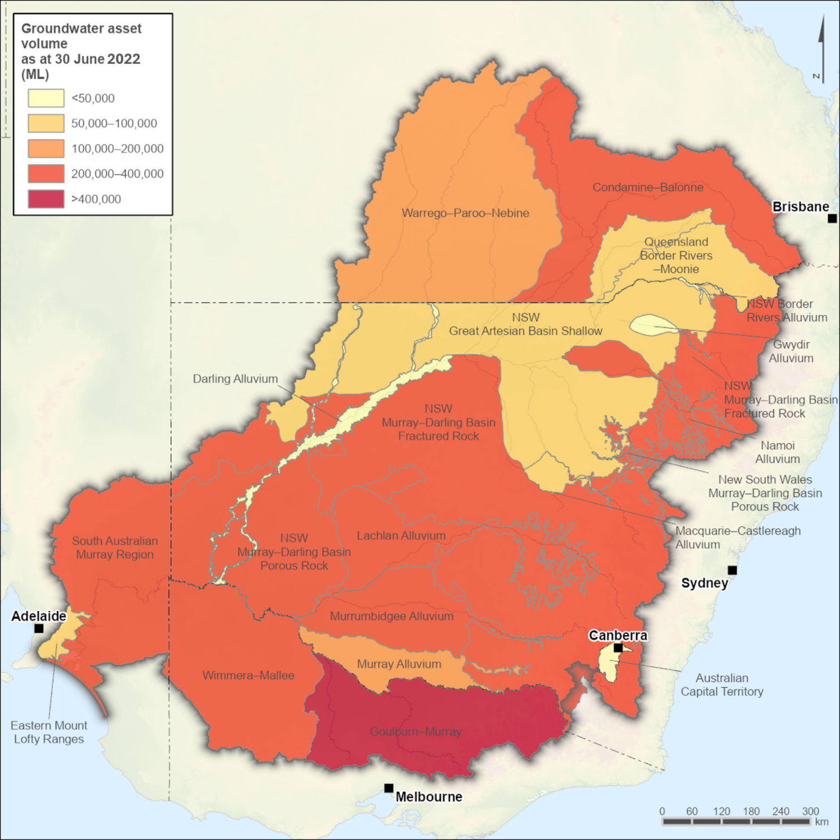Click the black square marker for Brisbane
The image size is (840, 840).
click(832, 218)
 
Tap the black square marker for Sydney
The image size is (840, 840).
click(732, 570)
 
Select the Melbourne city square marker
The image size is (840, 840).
click(389, 788)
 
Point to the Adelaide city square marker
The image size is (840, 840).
click(39, 628)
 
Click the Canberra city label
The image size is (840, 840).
click(618, 636)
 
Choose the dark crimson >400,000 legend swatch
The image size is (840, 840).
click(46, 199)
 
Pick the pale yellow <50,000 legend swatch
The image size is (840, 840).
click(46, 98)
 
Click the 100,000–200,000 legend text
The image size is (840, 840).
click(117, 148)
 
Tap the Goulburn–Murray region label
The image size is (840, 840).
click(416, 731)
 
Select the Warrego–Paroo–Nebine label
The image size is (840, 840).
click(465, 213)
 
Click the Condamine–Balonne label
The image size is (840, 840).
click(648, 187)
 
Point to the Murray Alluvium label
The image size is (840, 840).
click(399, 664)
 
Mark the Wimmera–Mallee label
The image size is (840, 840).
click(248, 675)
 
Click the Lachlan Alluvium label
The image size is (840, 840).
click(401, 535)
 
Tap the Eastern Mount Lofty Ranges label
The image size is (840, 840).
click(49, 732)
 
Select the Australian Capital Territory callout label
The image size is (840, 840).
click(722, 684)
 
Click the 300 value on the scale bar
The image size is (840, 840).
click(810, 811)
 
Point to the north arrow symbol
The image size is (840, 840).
click(820, 50)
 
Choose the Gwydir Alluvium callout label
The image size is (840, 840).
click(791, 351)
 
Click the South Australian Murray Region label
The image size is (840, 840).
click(115, 547)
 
